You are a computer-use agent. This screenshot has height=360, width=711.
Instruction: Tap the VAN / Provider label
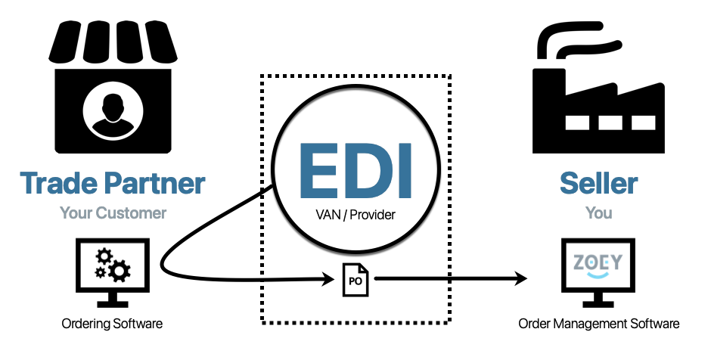pyautogui.click(x=355, y=216)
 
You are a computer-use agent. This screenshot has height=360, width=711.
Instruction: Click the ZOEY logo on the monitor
pyautogui.click(x=597, y=263)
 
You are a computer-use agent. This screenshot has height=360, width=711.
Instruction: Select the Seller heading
pyautogui.click(x=598, y=183)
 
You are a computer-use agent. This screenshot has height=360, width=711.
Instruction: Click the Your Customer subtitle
pyautogui.click(x=113, y=213)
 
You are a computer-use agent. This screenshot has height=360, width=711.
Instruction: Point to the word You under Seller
pyautogui.click(x=598, y=213)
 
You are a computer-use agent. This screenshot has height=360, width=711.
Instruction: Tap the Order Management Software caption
pyautogui.click(x=598, y=324)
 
